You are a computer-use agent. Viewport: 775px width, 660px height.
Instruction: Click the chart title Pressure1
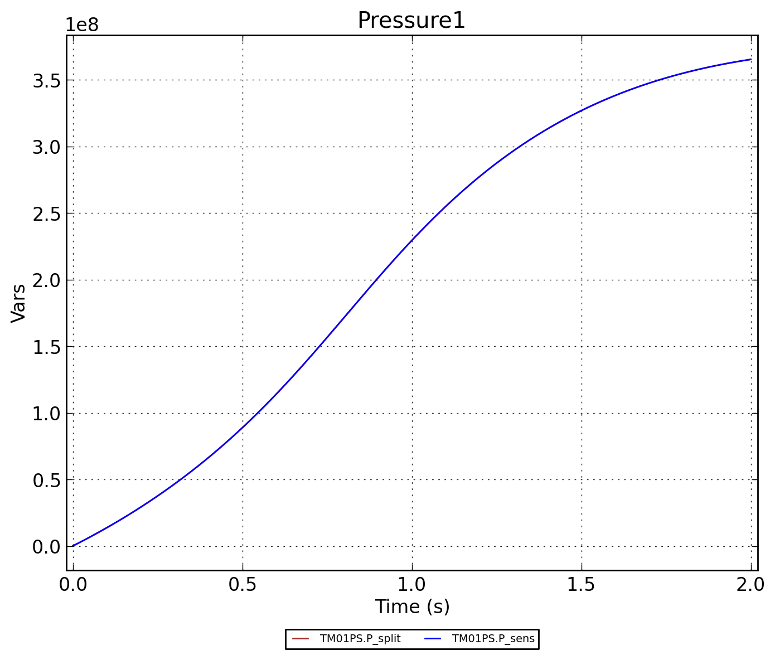click(x=411, y=21)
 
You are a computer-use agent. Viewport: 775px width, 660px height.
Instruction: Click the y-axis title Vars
click(x=19, y=303)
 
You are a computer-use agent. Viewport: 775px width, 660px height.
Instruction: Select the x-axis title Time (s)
click(x=412, y=606)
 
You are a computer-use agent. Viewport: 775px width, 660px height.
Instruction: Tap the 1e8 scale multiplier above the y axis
click(x=82, y=25)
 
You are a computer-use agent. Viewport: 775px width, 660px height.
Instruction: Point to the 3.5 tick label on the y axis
click(x=46, y=81)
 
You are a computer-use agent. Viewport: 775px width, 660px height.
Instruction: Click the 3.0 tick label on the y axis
click(x=46, y=147)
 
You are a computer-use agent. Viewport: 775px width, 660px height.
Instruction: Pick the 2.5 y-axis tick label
click(x=46, y=213)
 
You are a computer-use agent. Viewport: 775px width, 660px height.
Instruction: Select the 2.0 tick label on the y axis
click(x=46, y=280)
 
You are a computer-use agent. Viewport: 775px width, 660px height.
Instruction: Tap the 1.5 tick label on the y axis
click(x=46, y=347)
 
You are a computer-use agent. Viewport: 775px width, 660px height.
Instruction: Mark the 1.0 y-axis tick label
click(x=46, y=414)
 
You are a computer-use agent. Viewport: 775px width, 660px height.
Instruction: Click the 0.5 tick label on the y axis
click(x=46, y=480)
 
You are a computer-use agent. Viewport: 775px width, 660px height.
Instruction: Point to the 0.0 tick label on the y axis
click(x=46, y=547)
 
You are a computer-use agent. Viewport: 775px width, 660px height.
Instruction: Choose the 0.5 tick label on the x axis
click(x=243, y=584)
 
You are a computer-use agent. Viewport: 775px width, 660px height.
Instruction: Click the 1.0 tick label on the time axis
click(x=412, y=584)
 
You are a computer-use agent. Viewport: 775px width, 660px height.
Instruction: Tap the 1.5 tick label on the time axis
click(x=582, y=584)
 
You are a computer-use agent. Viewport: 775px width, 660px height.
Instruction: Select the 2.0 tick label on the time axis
click(x=750, y=584)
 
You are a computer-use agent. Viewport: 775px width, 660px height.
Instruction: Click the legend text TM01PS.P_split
click(x=360, y=639)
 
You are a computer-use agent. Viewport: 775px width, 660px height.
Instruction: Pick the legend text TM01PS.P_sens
click(x=493, y=639)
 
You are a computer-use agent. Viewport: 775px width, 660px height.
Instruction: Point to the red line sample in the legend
click(x=301, y=639)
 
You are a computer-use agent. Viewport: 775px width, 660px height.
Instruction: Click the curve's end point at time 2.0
click(x=750, y=60)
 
